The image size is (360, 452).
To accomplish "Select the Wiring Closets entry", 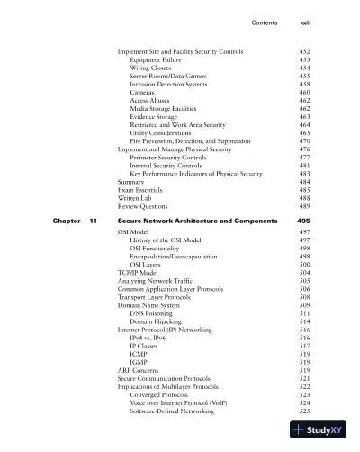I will (x=156, y=68).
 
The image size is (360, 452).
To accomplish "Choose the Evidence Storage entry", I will (x=157, y=116).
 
